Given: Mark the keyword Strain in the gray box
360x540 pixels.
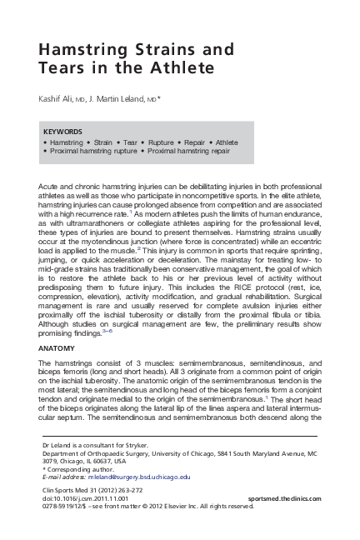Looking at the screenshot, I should click(x=102, y=142).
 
